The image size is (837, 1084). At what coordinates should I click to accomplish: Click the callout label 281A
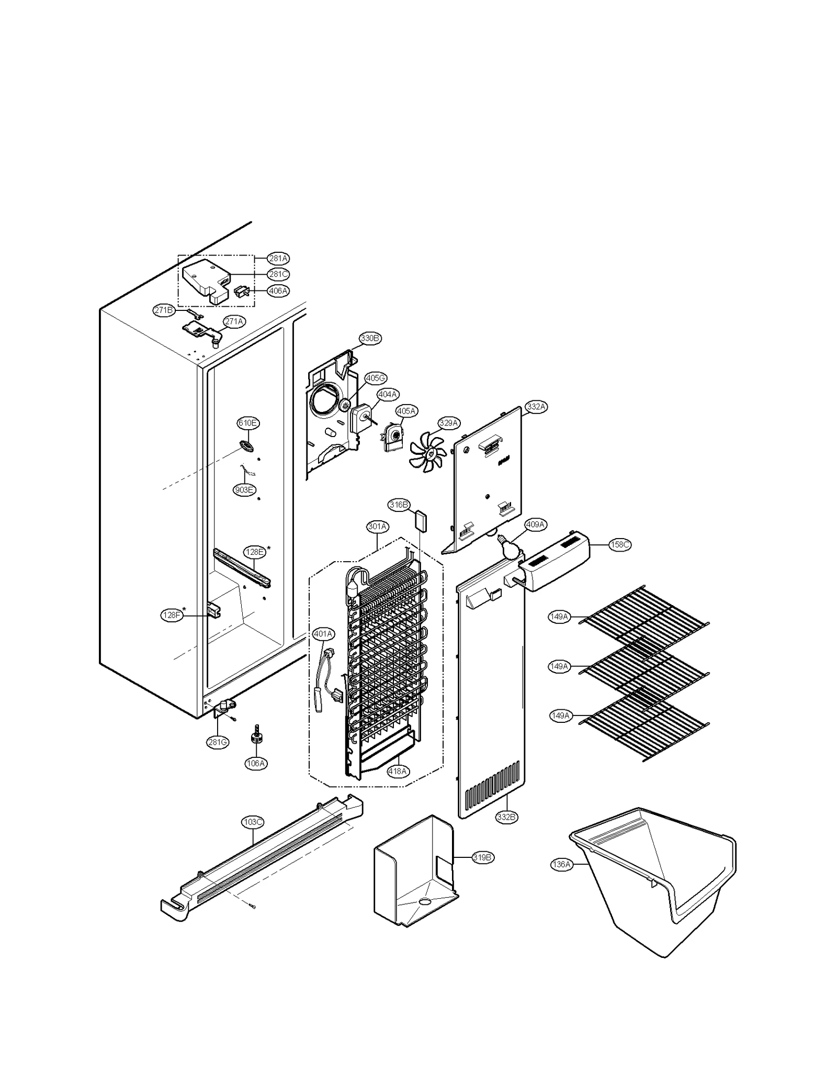pyautogui.click(x=278, y=258)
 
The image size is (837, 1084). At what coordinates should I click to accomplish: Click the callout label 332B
pyautogui.click(x=506, y=817)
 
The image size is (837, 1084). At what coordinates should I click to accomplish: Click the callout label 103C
pyautogui.click(x=252, y=822)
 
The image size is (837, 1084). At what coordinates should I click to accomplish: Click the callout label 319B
pyautogui.click(x=482, y=857)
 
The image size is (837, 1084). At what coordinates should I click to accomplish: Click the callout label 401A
pyautogui.click(x=323, y=634)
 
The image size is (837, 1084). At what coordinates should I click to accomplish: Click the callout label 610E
pyautogui.click(x=247, y=423)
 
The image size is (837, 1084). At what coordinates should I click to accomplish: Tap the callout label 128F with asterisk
pyautogui.click(x=171, y=616)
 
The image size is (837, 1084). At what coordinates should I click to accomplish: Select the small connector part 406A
pyautogui.click(x=242, y=291)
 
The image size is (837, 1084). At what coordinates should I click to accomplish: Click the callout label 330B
pyautogui.click(x=369, y=338)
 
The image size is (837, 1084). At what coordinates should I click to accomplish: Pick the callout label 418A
pyautogui.click(x=398, y=770)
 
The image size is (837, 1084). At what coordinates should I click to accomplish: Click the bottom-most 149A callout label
pyautogui.click(x=560, y=716)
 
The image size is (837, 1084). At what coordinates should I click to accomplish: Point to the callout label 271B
pyautogui.click(x=163, y=310)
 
